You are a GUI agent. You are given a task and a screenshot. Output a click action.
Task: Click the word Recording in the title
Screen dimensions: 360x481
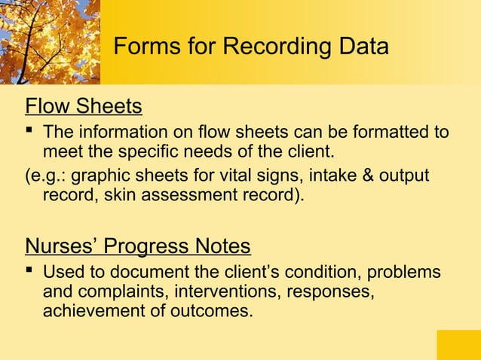pyautogui.click(x=277, y=47)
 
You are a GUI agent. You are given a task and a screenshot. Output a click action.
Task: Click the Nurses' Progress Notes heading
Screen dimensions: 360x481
pyautogui.click(x=138, y=246)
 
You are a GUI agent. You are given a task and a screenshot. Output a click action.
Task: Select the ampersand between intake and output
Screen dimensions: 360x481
pyautogui.click(x=369, y=176)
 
